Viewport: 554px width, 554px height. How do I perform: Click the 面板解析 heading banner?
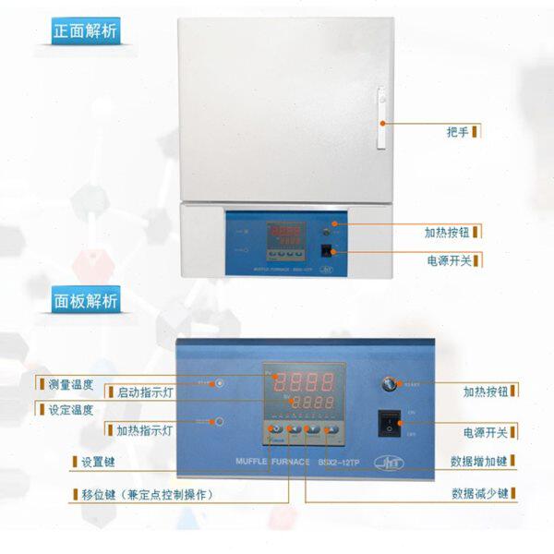coord(87,300)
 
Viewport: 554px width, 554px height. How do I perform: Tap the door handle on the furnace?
coord(379,120)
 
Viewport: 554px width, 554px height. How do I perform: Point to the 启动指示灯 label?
coord(145,391)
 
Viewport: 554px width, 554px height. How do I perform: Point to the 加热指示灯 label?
coord(145,430)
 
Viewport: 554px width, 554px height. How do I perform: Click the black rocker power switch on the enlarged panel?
coord(390,424)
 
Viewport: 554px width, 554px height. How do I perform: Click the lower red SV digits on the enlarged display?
coord(311,404)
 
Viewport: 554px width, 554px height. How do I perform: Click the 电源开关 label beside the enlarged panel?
coord(483,431)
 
